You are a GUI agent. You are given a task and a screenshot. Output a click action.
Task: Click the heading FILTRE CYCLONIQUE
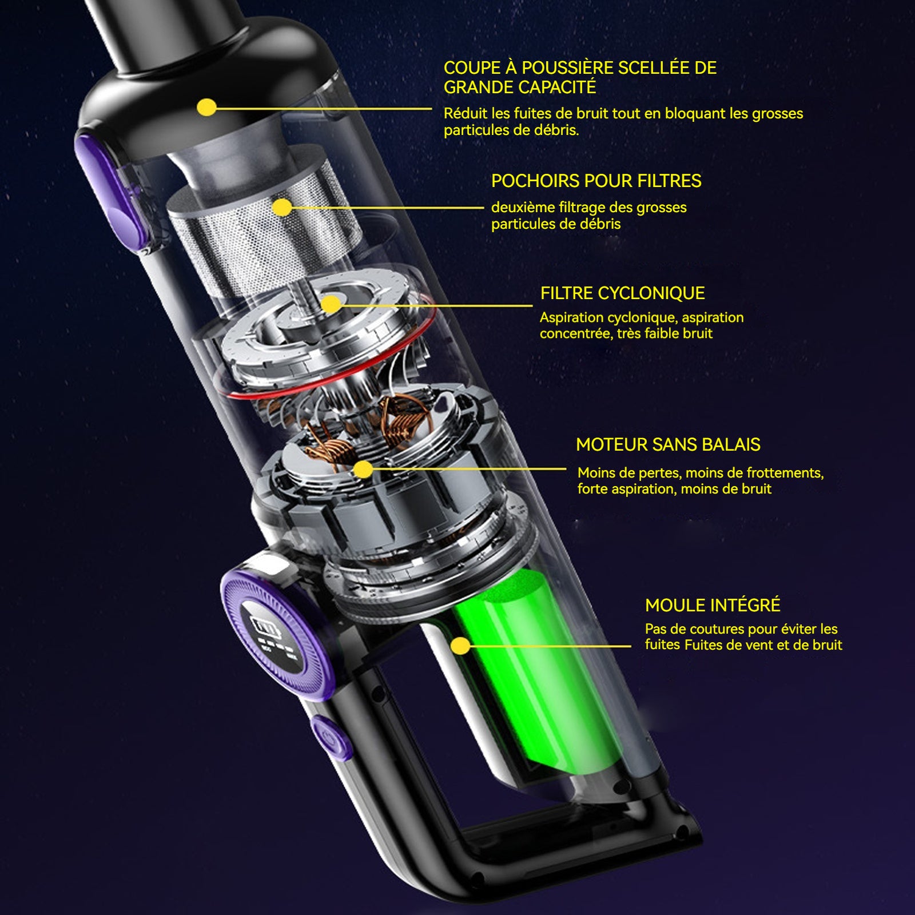(x=622, y=293)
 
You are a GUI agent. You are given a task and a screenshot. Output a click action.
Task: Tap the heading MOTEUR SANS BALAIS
(x=668, y=444)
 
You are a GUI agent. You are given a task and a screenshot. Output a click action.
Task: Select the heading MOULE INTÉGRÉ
(x=713, y=605)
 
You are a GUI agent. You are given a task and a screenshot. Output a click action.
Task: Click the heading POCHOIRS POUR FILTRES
(x=596, y=181)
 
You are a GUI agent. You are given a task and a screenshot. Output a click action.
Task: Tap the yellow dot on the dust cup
(x=206, y=108)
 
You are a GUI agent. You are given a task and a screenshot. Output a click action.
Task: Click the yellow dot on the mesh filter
(x=282, y=207)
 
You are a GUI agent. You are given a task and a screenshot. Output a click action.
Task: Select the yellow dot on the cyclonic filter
(x=331, y=304)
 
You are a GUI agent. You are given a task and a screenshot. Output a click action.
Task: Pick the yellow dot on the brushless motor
(x=363, y=470)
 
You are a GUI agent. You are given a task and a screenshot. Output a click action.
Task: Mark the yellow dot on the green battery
(x=460, y=646)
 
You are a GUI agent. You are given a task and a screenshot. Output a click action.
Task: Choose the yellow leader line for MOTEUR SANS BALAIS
(x=464, y=470)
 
